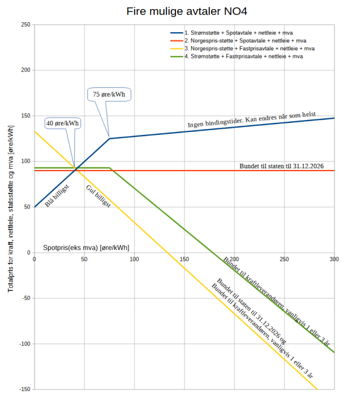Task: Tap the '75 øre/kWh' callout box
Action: coord(109,94)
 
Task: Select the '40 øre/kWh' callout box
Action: coord(62,123)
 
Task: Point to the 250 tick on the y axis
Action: coord(25,24)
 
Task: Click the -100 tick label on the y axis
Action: coord(24,344)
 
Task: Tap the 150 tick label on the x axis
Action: coord(185,259)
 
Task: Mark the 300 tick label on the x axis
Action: coord(334,259)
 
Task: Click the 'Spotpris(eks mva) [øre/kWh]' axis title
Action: coord(86,248)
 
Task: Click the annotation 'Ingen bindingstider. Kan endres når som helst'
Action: coord(251,120)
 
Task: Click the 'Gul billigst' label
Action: coord(98,197)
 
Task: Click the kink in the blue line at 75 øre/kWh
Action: coord(109,138)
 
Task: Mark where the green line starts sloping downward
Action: coord(110,168)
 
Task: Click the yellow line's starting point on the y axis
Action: coord(35,131)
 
